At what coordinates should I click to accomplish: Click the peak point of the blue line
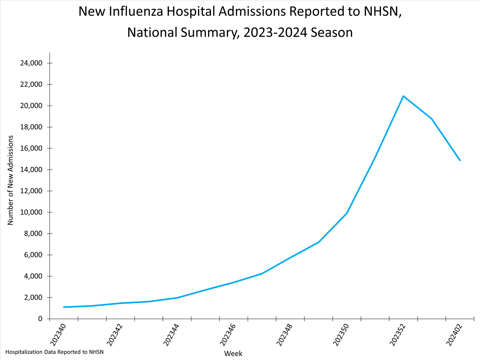[403, 96]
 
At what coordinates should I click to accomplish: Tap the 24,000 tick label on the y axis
[31, 63]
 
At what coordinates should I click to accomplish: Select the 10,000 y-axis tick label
[31, 212]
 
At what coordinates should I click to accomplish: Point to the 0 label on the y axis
[40, 319]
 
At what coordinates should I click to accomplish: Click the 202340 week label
[59, 335]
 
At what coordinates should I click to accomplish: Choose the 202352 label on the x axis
[398, 335]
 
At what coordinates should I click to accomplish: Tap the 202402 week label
[454, 335]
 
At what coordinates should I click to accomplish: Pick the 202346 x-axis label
[228, 335]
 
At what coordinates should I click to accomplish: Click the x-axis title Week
[233, 354]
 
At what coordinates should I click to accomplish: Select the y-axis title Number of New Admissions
[11, 180]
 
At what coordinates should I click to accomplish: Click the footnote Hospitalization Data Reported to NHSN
[55, 352]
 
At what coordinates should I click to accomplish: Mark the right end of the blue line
[460, 160]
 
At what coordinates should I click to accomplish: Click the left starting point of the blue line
[64, 307]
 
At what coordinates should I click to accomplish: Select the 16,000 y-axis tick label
[31, 148]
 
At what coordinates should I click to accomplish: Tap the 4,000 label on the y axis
[33, 276]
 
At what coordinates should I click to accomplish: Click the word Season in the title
[332, 33]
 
